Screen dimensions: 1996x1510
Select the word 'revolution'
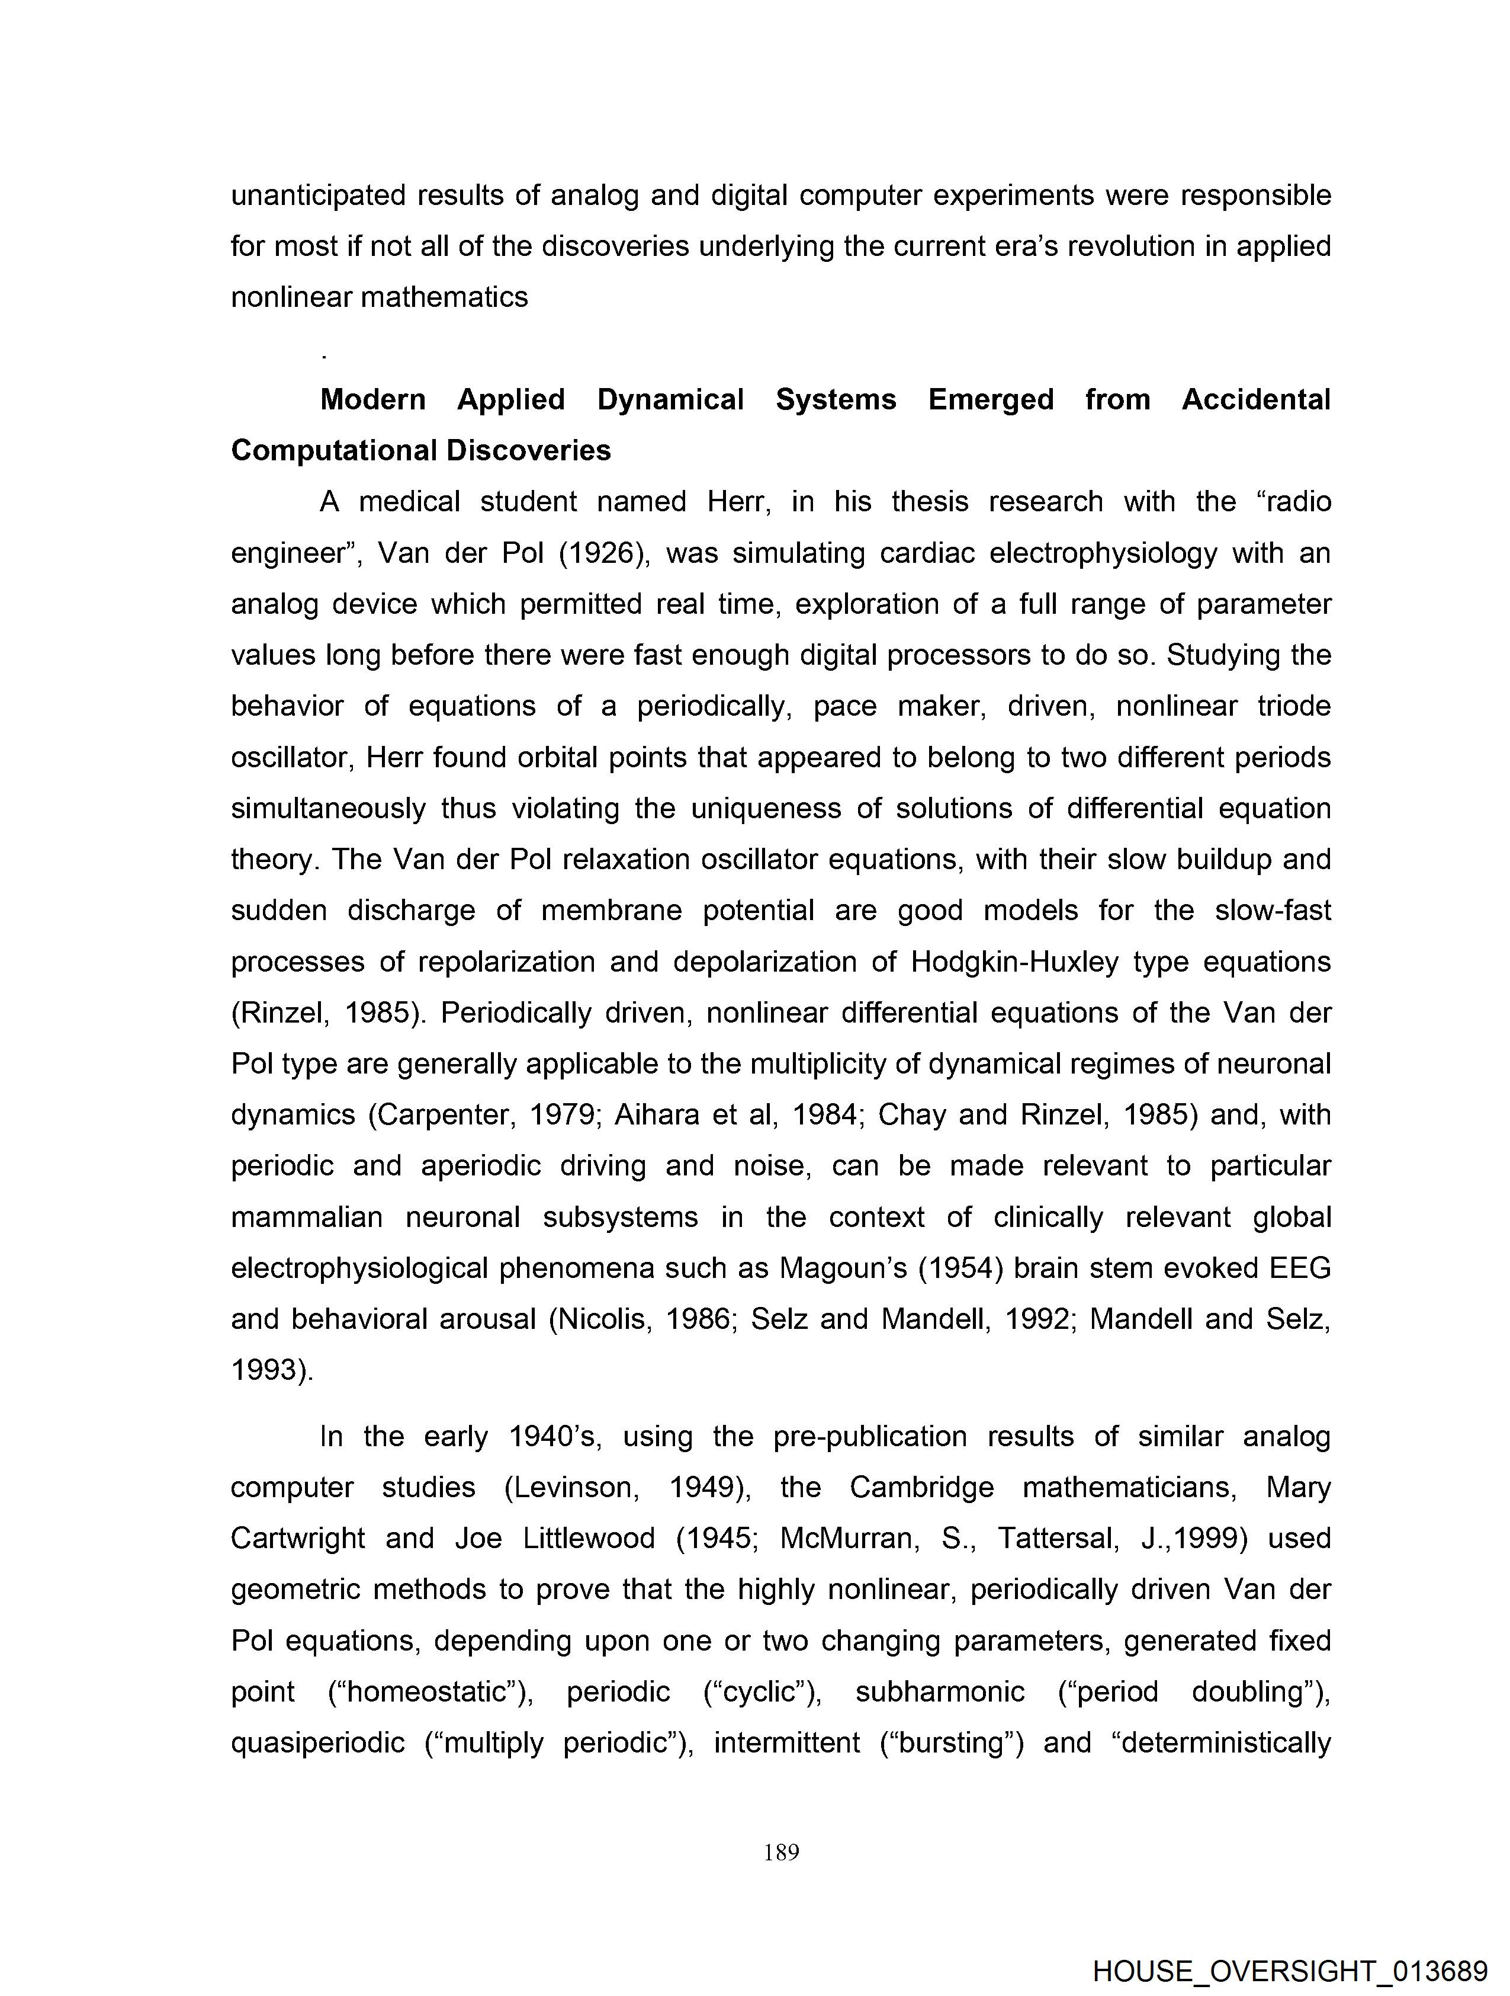[1143, 246]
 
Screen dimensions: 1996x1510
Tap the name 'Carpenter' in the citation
[442, 1115]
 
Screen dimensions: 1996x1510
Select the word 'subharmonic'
[940, 1692]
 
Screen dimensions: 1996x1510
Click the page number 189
[781, 1853]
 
